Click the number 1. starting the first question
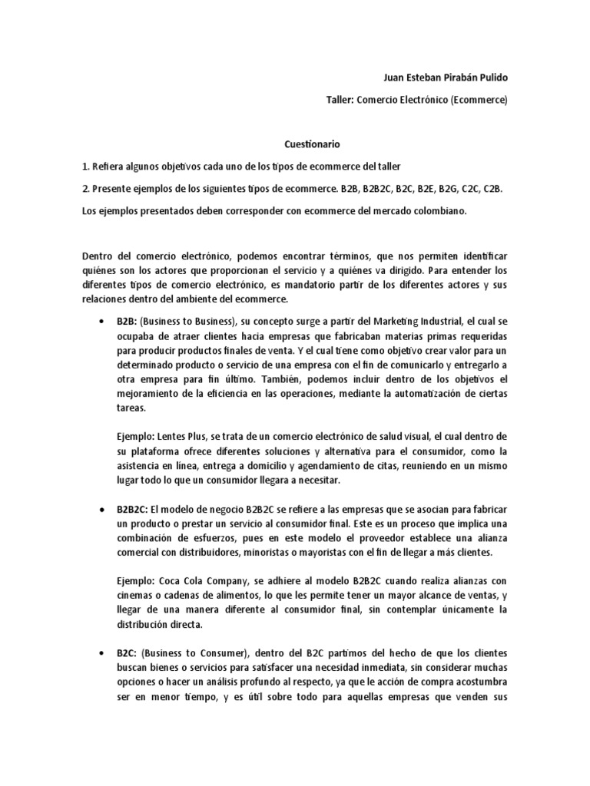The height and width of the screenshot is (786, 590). [85, 166]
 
